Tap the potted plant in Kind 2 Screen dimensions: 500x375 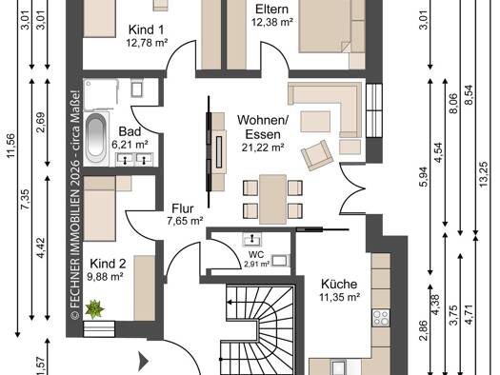[94, 308]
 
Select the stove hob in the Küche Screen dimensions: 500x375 [381, 318]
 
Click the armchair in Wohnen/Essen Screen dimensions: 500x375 [317, 155]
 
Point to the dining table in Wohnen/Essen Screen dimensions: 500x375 [272, 199]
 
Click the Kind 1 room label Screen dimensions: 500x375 [146, 30]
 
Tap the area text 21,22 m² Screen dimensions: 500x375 [263, 148]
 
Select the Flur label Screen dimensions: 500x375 [183, 208]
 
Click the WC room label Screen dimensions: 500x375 [256, 254]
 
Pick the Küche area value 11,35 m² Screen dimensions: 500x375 [340, 297]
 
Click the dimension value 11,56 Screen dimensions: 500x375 [11, 145]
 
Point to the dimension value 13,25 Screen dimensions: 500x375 [483, 174]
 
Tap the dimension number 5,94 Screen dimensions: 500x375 [424, 177]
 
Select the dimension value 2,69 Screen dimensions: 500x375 [41, 123]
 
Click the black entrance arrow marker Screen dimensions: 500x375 [144, 362]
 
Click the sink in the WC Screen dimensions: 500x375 [251, 239]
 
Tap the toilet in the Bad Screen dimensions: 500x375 [137, 88]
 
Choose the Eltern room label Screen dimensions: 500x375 [271, 9]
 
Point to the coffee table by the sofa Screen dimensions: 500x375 [315, 122]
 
